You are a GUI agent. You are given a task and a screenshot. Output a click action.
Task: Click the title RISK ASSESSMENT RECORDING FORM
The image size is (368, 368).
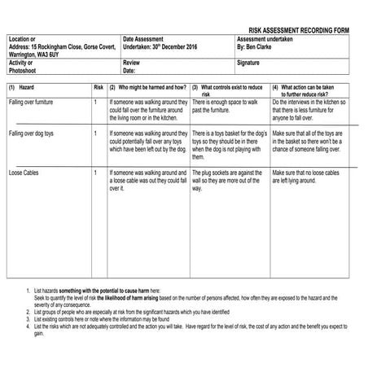[298, 29]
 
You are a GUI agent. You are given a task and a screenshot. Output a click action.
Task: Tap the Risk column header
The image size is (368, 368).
[98, 86]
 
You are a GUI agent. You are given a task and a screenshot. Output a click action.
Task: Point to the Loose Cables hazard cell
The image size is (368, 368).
[24, 173]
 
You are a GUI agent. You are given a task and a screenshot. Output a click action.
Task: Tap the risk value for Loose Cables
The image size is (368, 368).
[96, 173]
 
